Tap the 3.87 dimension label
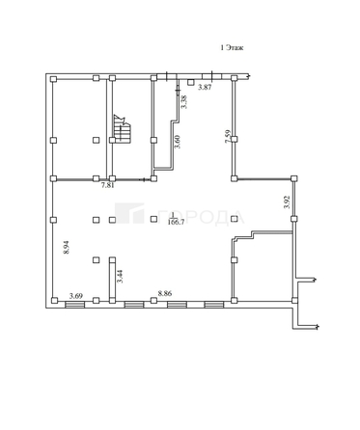pyautogui.click(x=205, y=88)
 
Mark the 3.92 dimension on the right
pyautogui.click(x=286, y=203)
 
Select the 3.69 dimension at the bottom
pyautogui.click(x=75, y=295)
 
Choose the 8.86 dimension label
pyautogui.click(x=165, y=295)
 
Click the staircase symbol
pyautogui.click(x=121, y=126)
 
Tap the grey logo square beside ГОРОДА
pyautogui.click(x=135, y=216)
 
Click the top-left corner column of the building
pyautogui.click(x=54, y=76)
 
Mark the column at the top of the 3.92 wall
pyautogui.click(x=292, y=178)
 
